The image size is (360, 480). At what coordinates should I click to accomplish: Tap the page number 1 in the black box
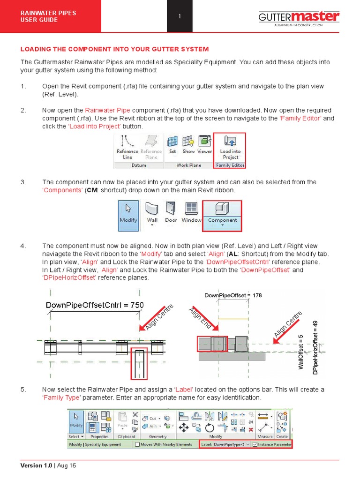click(x=180, y=17)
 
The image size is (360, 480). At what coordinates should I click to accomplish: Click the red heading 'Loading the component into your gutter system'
click(x=114, y=49)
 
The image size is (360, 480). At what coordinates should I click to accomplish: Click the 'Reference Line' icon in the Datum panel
click(x=127, y=147)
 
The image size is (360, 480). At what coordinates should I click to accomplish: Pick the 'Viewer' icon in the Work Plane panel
click(x=204, y=144)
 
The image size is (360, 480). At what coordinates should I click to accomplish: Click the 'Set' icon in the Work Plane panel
click(x=173, y=144)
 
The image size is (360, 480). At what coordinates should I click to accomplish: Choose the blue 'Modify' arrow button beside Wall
click(x=128, y=215)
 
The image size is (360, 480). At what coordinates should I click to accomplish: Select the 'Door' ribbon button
click(x=171, y=212)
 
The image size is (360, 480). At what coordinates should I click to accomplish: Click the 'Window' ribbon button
click(x=191, y=212)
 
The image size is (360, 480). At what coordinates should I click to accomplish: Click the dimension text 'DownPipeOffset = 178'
click(x=233, y=295)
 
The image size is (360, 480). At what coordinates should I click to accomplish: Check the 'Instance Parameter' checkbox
click(x=255, y=444)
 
